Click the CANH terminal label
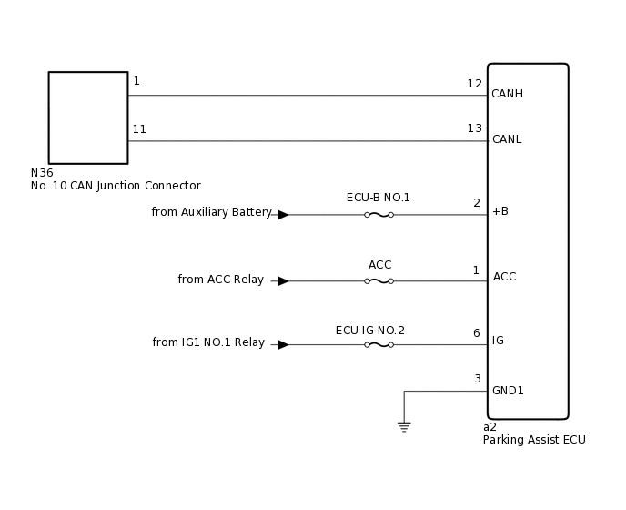point(507,94)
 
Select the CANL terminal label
point(507,139)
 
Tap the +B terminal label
point(500,211)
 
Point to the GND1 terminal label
point(508,391)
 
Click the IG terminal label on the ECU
point(498,341)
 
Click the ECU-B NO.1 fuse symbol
point(379,215)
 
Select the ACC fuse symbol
point(379,281)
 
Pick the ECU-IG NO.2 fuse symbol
point(379,345)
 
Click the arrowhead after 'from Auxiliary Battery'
point(283,215)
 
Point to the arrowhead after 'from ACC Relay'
point(283,281)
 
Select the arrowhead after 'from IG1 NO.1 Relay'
point(283,345)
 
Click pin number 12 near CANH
point(475,84)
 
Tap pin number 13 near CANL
point(475,128)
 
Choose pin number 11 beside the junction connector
point(139,129)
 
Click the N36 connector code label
point(42,173)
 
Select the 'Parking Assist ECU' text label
point(534,440)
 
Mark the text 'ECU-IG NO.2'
point(369,331)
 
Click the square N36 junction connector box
point(88,117)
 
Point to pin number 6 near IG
point(476,333)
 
